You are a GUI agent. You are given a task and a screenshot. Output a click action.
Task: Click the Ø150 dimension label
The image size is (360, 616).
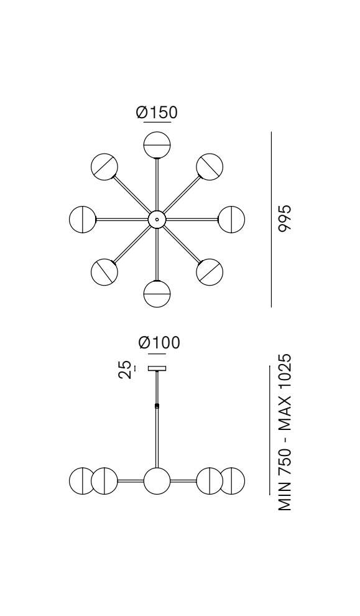157,113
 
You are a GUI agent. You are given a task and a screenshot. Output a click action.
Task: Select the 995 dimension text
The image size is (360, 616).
285,218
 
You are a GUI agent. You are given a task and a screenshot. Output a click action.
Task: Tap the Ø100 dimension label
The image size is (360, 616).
159,343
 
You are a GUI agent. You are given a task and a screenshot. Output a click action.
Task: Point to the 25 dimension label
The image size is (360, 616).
125,370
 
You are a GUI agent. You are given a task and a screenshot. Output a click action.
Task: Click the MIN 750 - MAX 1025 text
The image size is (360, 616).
285,432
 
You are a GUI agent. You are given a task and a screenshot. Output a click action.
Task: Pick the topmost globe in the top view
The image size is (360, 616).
157,145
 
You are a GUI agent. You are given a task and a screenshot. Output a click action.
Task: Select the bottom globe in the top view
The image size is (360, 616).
157,294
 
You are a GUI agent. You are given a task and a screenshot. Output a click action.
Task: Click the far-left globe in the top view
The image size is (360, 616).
83,219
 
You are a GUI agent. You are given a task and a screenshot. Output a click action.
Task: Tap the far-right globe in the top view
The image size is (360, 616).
231,219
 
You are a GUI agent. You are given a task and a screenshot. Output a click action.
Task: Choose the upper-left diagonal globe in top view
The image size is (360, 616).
104,167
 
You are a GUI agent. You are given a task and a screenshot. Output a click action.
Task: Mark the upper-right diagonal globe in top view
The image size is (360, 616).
210,167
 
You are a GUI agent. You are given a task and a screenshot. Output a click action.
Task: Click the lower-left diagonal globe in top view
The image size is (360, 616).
104,272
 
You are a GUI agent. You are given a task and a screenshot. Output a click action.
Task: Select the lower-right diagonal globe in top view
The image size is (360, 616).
210,272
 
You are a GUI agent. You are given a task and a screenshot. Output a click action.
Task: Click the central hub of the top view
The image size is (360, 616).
157,219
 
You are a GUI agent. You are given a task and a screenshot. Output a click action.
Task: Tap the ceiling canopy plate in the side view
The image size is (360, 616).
157,368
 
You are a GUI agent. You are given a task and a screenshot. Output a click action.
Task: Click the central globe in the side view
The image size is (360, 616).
157,481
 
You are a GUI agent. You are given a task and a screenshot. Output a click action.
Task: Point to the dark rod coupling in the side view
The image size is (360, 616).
157,406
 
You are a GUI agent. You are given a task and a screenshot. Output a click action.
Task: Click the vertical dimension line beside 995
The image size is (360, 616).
271,219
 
